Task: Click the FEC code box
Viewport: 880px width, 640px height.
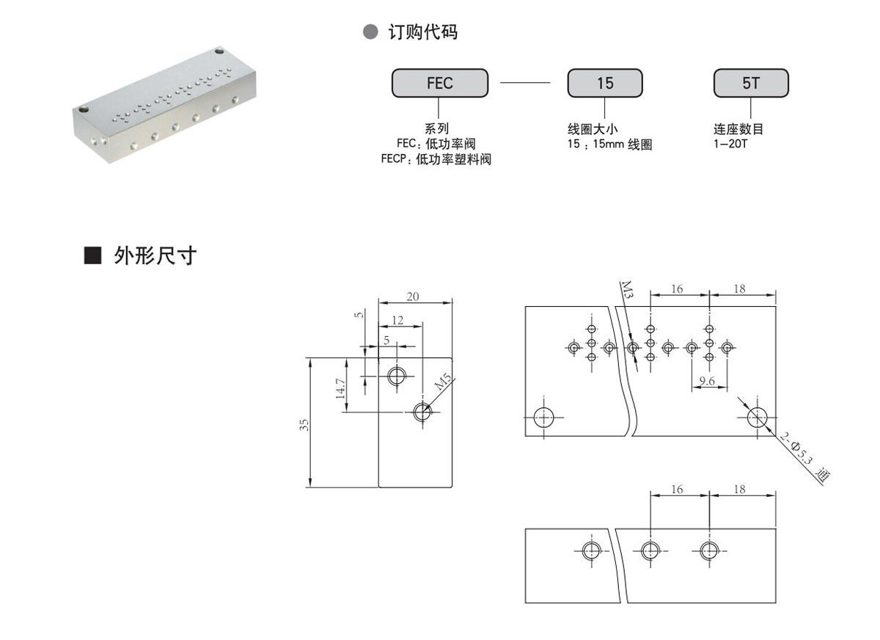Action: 440,83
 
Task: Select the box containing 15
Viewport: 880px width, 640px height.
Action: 605,83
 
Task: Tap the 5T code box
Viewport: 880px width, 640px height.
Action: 751,83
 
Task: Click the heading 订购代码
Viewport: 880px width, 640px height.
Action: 422,32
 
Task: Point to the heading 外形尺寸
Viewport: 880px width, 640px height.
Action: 155,255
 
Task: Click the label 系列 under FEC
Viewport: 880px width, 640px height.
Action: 436,130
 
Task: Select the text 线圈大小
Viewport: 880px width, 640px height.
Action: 598,130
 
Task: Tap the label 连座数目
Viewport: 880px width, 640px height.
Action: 738,130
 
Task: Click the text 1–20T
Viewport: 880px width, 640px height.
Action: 730,144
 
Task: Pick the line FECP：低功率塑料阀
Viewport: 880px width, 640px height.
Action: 436,159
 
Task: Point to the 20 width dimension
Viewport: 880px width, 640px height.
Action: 414,296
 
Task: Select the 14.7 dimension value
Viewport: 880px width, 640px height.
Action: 339,388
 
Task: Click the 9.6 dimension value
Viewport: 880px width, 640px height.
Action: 708,379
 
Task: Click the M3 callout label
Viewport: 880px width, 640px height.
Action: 626,288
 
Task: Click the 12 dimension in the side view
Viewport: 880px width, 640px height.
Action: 397,319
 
